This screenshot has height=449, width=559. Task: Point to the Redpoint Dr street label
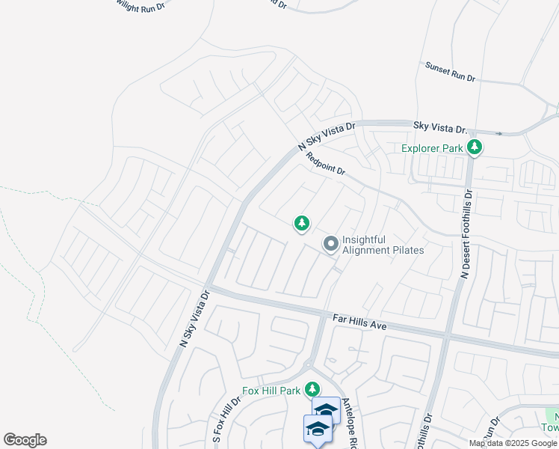(326, 165)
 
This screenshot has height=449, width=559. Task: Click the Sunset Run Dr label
(450, 72)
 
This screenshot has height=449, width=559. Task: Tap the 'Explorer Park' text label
(432, 148)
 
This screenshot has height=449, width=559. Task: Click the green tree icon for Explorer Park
(474, 147)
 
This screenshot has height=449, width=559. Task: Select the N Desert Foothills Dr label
(466, 233)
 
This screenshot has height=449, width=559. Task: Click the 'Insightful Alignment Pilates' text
(383, 245)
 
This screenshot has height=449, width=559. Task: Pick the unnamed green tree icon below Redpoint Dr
(302, 223)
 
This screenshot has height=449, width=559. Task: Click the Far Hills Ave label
(359, 322)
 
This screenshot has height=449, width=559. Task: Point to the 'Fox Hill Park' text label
(271, 391)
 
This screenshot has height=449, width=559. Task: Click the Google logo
(25, 440)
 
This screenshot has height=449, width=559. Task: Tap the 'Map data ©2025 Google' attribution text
(512, 443)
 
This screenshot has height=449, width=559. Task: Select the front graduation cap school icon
(318, 428)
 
